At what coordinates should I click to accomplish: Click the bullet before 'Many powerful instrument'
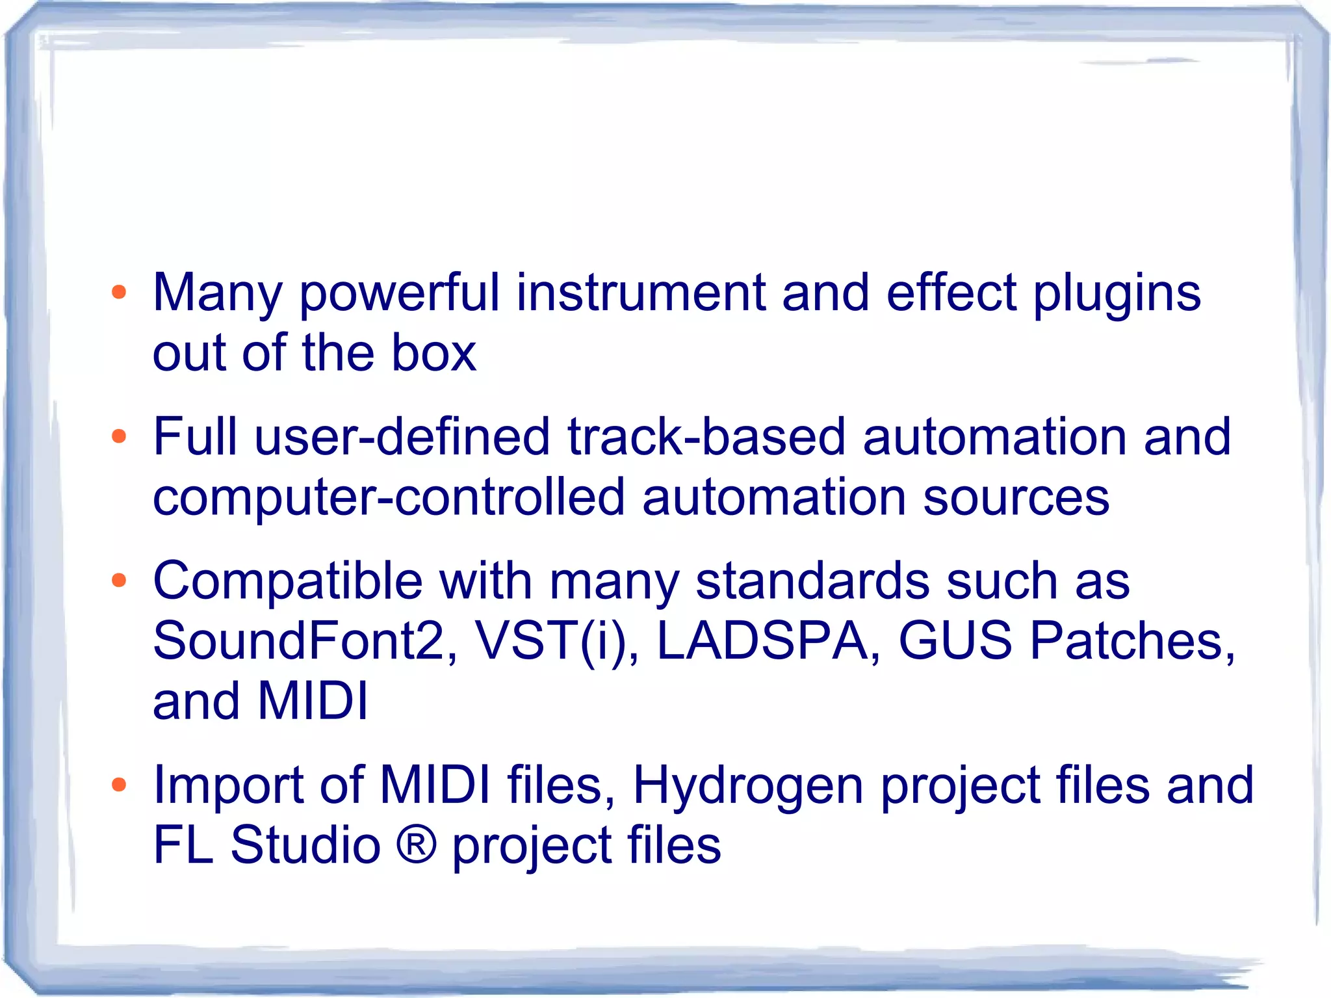[118, 293]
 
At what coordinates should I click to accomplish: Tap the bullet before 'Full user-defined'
[118, 436]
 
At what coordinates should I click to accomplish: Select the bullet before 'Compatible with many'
[118, 580]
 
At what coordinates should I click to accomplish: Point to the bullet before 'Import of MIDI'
[118, 785]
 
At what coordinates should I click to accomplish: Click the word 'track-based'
[706, 436]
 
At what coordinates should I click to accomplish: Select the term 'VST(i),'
[557, 641]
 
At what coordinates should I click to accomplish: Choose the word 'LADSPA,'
[769, 641]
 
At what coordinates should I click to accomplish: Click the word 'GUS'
[955, 641]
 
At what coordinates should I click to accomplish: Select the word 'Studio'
[305, 845]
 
